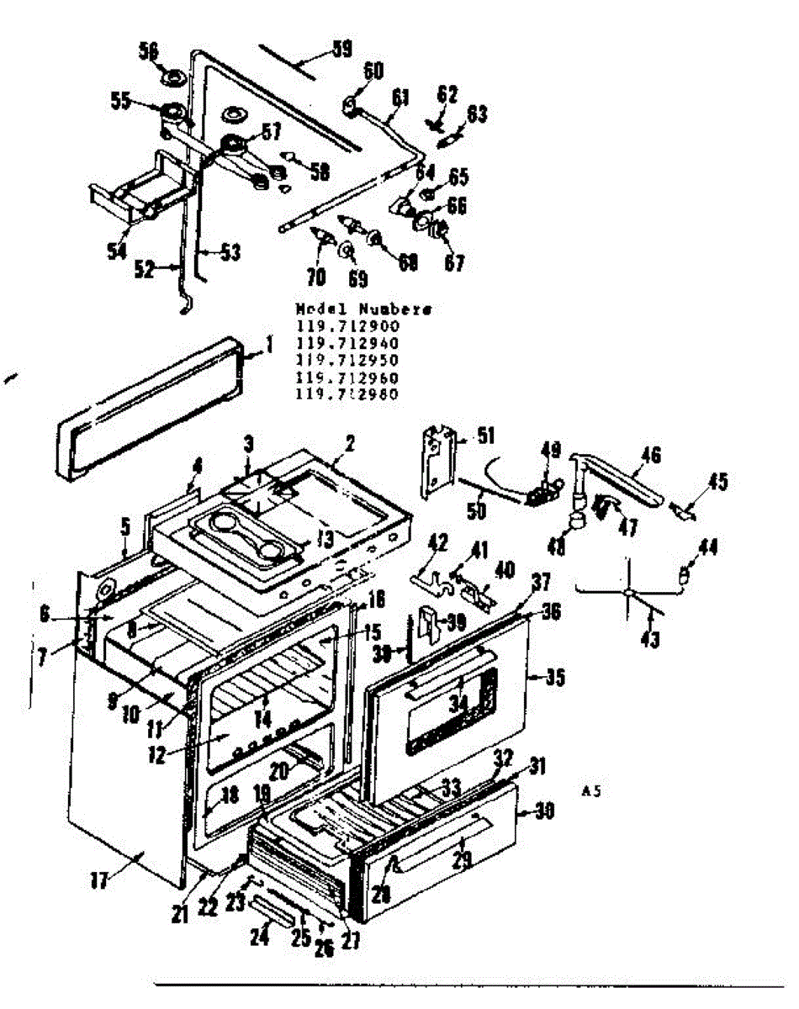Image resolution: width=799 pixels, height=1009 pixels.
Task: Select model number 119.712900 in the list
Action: [x=347, y=326]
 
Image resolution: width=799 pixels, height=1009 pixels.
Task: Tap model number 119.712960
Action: [x=347, y=378]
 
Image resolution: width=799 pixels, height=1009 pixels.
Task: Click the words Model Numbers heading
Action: [x=363, y=309]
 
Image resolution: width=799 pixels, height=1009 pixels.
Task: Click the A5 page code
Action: [x=592, y=790]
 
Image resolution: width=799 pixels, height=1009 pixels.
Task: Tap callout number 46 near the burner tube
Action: [x=649, y=455]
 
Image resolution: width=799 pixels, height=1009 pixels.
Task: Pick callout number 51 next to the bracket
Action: [x=484, y=436]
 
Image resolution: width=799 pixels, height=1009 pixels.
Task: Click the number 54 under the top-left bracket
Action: [x=115, y=251]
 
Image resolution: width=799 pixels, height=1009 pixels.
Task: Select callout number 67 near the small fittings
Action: [x=454, y=263]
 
